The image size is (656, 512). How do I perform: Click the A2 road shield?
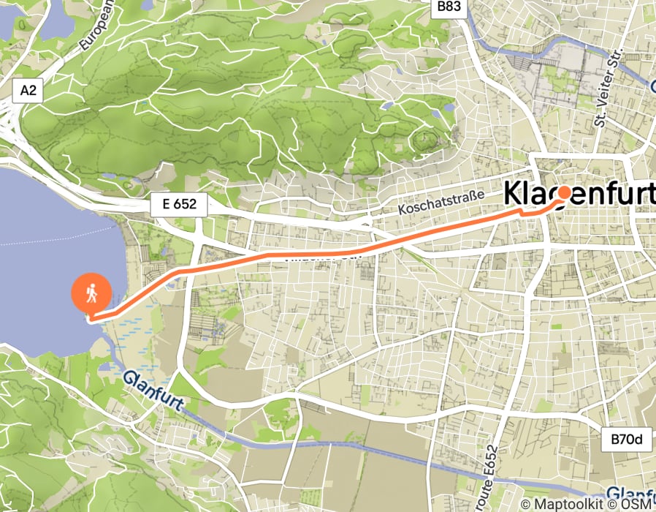click(28, 91)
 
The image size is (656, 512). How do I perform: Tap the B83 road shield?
click(449, 7)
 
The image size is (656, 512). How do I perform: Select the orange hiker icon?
click(91, 294)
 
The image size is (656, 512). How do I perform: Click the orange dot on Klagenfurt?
click(564, 192)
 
